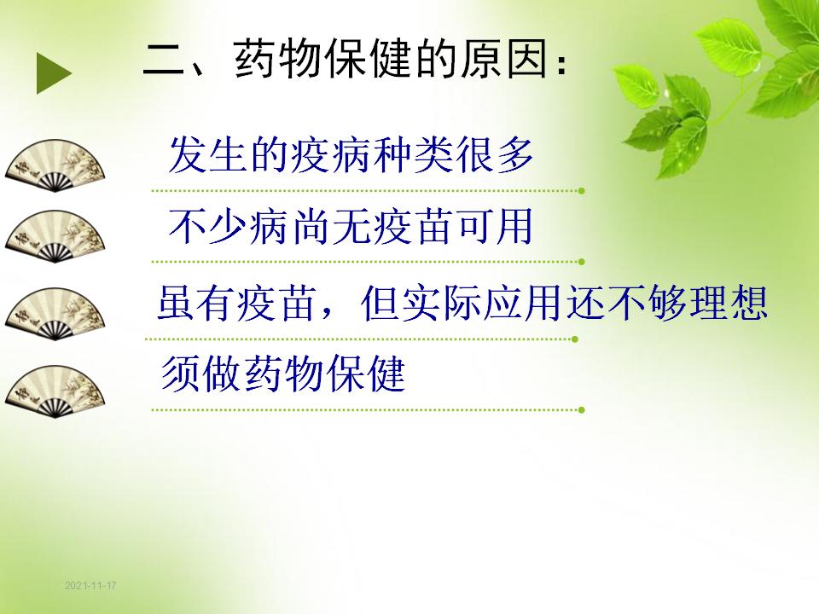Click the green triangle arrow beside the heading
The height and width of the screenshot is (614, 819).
(53, 73)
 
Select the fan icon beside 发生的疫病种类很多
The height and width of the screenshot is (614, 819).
(55, 165)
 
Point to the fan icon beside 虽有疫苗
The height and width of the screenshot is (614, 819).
(55, 314)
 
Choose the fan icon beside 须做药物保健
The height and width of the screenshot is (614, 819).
(55, 391)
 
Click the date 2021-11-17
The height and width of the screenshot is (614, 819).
(90, 585)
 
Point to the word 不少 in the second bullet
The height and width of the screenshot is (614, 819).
(207, 227)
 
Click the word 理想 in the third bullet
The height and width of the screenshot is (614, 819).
(729, 302)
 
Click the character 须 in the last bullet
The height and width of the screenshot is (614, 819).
(181, 374)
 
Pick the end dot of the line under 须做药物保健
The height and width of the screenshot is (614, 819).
(581, 410)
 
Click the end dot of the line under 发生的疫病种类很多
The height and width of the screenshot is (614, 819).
(581, 190)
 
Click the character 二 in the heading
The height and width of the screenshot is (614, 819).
(164, 60)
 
